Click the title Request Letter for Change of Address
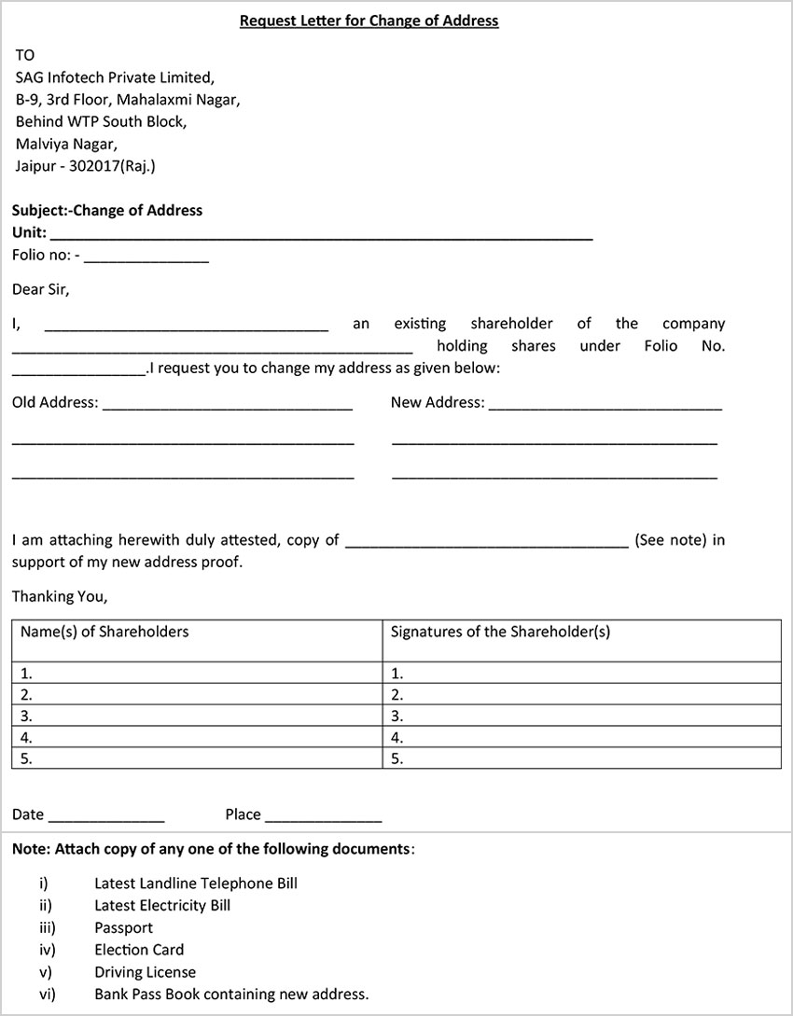pyautogui.click(x=369, y=21)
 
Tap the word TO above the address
pyautogui.click(x=25, y=55)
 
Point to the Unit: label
pyautogui.click(x=29, y=232)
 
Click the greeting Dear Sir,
pyautogui.click(x=40, y=289)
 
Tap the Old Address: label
pyautogui.click(x=55, y=403)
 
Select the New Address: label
pyautogui.click(x=438, y=403)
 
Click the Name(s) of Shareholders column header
pyautogui.click(x=104, y=632)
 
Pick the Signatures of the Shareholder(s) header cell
pyautogui.click(x=500, y=632)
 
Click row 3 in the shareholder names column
pyautogui.click(x=197, y=717)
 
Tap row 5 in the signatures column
pyautogui.click(x=581, y=759)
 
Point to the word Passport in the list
pyautogui.click(x=123, y=927)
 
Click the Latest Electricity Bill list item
pyautogui.click(x=162, y=905)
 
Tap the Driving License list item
pyautogui.click(x=145, y=972)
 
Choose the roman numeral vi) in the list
pyautogui.click(x=47, y=995)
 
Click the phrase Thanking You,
pyautogui.click(x=60, y=596)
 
